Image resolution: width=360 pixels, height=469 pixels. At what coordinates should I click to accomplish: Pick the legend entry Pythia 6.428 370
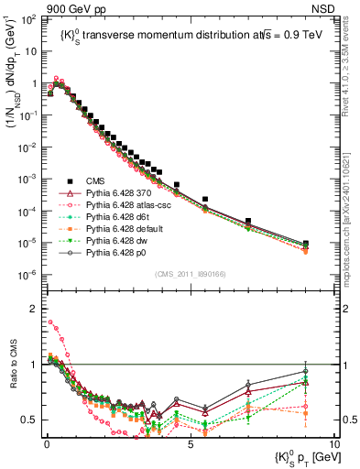click(x=123, y=194)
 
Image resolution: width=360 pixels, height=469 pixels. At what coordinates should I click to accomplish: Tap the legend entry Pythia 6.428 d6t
click(x=122, y=220)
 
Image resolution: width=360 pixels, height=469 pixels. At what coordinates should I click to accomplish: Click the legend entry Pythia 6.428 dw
click(x=121, y=245)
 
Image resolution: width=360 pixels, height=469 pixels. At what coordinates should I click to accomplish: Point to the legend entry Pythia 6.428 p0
click(x=121, y=258)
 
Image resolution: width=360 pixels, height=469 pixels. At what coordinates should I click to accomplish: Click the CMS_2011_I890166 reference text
click(x=188, y=273)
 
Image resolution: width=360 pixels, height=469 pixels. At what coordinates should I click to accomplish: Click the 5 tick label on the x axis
click(x=189, y=443)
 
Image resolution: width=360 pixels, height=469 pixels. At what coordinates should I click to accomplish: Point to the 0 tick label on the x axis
click(x=45, y=443)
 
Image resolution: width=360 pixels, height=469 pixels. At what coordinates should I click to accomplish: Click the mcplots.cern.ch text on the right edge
click(x=351, y=211)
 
